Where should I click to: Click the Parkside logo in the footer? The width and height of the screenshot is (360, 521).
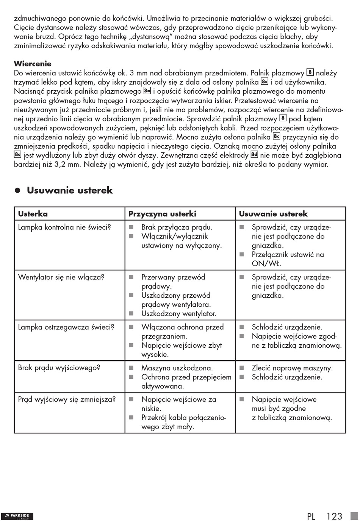click(17, 516)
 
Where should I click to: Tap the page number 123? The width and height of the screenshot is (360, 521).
click(334, 516)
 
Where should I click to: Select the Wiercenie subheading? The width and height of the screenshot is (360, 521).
click(33, 64)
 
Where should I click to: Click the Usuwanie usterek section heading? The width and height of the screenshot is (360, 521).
click(70, 190)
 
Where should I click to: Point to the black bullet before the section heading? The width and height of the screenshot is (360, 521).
click(17, 191)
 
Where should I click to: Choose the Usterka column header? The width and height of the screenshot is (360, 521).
click(33, 214)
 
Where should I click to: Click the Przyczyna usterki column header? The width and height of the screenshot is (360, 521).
click(162, 214)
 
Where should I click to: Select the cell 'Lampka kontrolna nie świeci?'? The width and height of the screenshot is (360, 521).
click(64, 228)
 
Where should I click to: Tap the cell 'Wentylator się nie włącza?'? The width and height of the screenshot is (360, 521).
click(61, 277)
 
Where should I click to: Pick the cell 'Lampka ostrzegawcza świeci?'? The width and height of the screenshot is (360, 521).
click(66, 327)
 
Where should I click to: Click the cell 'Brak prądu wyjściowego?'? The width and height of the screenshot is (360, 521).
click(59, 368)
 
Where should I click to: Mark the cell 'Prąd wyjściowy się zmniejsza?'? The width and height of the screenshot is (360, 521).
click(67, 399)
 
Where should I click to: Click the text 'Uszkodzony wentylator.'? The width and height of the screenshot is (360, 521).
click(179, 314)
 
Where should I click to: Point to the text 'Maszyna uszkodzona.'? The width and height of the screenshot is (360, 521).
click(177, 368)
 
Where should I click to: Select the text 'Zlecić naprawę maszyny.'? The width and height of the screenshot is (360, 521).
click(292, 368)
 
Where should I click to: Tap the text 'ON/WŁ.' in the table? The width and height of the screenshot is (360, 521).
click(266, 264)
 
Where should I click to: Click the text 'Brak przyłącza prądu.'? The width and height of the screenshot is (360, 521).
click(177, 228)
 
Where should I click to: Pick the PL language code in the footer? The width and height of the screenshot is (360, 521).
click(311, 516)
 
